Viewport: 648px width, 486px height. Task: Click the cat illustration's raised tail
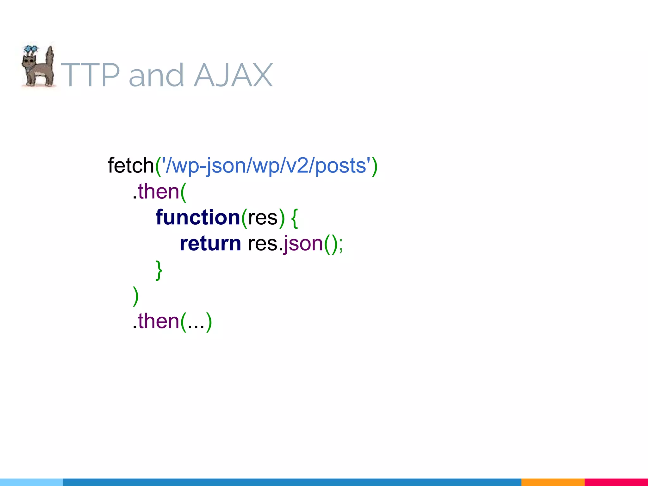[49, 59]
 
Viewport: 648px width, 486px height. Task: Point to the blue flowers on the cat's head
[31, 49]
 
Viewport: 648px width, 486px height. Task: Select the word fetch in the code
[130, 165]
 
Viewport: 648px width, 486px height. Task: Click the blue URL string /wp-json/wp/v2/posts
[266, 165]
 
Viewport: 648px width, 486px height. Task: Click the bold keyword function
[198, 217]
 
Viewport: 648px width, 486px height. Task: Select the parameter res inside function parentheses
[263, 218]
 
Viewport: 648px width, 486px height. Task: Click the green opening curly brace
[294, 218]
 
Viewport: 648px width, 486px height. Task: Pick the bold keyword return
[210, 243]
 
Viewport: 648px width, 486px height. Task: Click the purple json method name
[303, 244]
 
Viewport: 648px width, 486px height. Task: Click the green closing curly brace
[159, 270]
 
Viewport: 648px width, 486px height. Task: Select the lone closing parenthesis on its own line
[135, 296]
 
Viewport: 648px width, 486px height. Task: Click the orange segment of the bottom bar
[552, 482]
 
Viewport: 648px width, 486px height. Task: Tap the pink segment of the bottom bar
[616, 482]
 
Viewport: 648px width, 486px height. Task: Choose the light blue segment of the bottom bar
[31, 482]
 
